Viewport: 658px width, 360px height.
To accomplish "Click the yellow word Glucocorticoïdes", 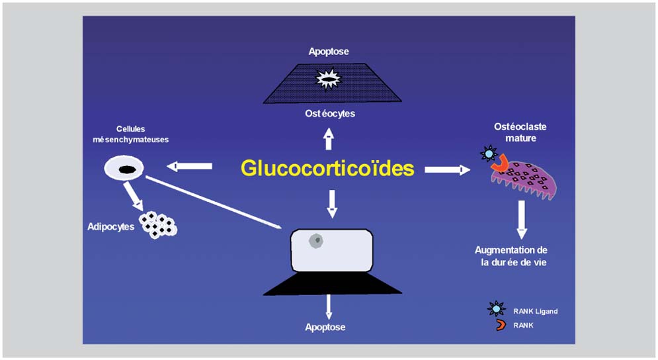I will click(327, 168).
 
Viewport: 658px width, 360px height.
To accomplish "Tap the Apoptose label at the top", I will click(329, 51).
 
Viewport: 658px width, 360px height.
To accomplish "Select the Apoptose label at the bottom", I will click(325, 327).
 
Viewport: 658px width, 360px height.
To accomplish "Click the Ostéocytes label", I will click(329, 113).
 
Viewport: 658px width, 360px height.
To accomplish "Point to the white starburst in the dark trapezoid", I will click(329, 80).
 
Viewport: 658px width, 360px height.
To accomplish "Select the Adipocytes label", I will click(111, 226).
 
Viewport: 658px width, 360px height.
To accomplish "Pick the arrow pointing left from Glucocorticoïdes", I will click(190, 166).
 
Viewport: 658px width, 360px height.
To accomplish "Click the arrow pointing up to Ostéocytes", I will click(329, 138).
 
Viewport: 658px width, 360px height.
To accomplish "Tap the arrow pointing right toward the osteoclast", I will click(446, 170).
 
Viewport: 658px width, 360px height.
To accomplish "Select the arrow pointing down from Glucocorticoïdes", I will click(332, 203).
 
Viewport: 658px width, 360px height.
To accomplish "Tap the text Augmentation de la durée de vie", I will click(511, 256).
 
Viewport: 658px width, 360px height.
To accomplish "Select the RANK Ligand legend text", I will click(535, 311).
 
